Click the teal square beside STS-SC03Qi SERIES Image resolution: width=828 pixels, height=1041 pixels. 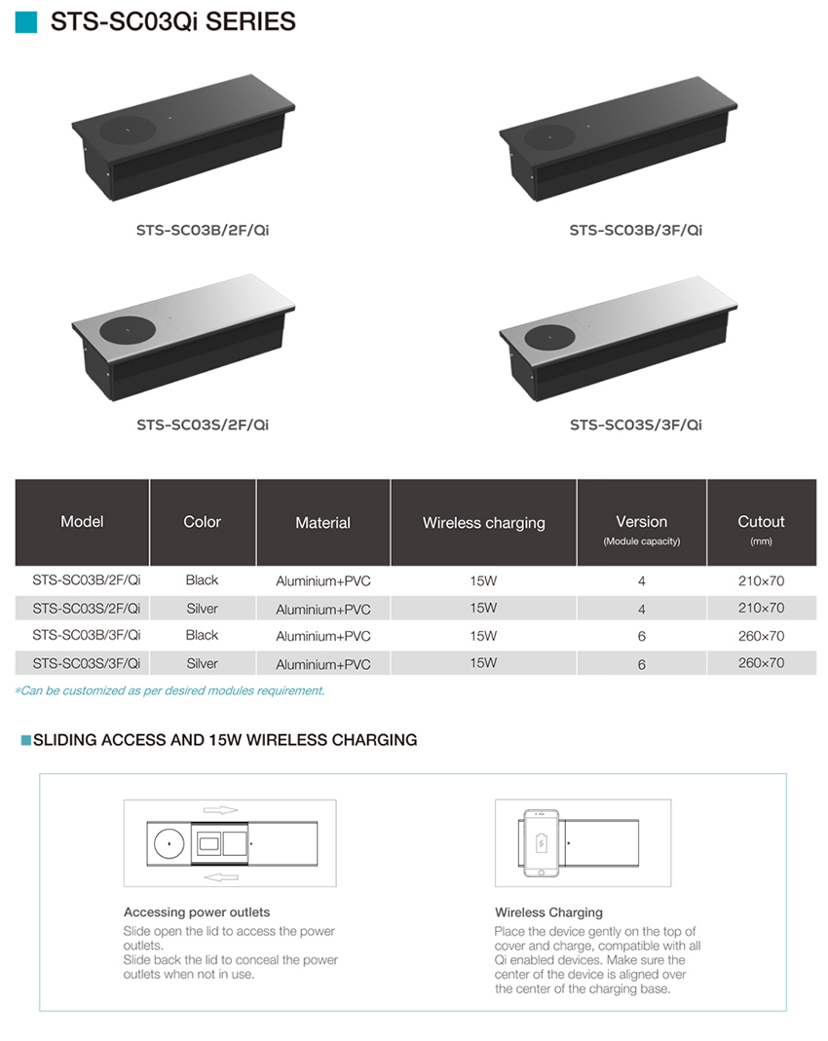point(26,21)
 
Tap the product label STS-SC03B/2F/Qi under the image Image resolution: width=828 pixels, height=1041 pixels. point(203,231)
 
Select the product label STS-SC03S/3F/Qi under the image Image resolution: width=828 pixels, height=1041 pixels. point(635,425)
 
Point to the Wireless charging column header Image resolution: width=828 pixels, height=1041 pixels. point(483,523)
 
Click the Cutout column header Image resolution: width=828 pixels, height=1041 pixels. point(761,522)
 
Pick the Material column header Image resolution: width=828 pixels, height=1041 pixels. point(322,523)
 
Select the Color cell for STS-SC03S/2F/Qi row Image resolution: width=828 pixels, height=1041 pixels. point(202,609)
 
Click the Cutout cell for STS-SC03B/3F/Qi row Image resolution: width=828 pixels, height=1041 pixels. point(761,636)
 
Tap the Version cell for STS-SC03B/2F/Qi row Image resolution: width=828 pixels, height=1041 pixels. point(641,581)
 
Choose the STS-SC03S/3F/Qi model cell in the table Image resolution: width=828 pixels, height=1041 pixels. point(87,663)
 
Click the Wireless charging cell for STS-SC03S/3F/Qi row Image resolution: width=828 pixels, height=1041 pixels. point(483,663)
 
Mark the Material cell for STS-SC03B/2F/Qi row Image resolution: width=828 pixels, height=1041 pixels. point(323,581)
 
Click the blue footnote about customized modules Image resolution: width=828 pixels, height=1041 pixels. point(169,691)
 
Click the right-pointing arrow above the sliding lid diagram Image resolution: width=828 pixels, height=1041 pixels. point(220,810)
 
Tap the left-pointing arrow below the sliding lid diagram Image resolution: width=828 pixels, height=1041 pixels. point(221,877)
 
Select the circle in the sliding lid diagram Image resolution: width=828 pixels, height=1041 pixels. point(169,844)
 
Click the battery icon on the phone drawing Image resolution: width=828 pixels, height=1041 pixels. point(542,843)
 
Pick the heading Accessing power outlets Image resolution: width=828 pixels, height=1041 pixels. point(197,912)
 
